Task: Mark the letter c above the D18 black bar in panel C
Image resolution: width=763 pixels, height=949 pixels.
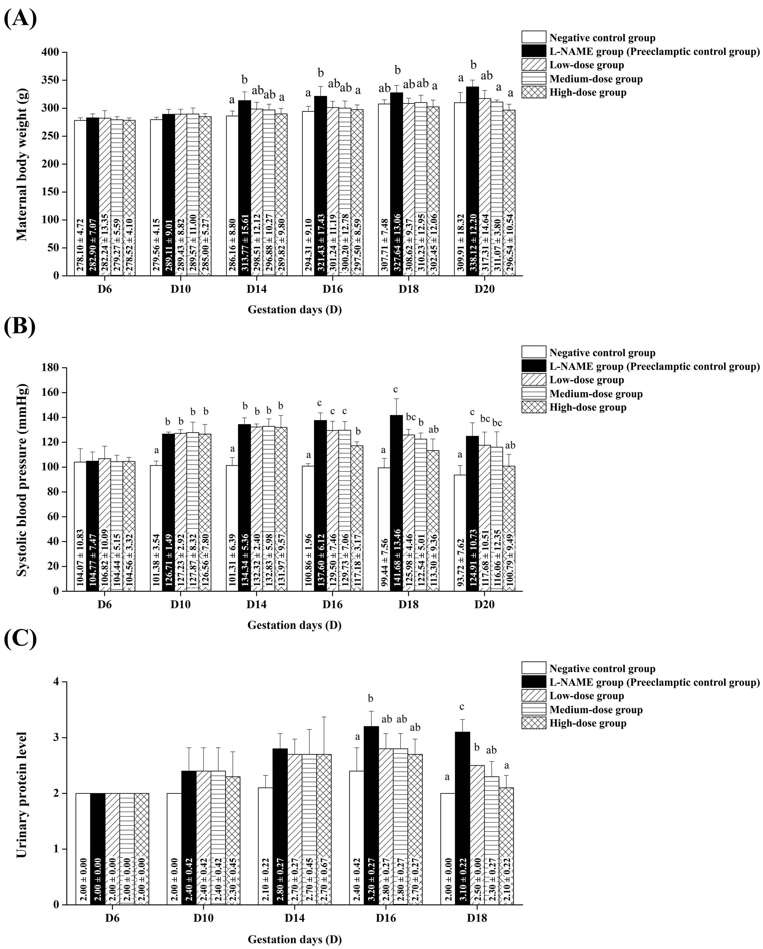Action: click(462, 707)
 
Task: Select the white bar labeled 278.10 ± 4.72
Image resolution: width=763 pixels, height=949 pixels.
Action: click(80, 198)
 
